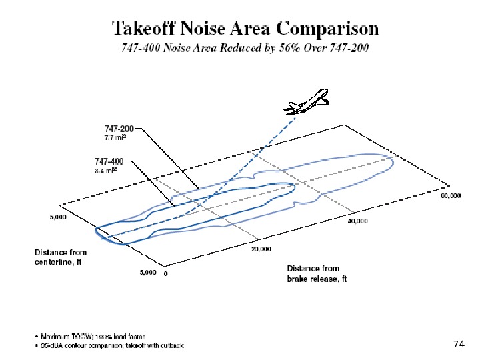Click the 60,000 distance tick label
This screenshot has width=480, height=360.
coord(451,196)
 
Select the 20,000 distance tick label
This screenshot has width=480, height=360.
coord(260,249)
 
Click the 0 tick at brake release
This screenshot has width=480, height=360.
coord(165,273)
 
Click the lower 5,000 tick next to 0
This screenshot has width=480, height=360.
coord(147,272)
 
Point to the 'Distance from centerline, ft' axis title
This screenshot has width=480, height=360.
coord(61,257)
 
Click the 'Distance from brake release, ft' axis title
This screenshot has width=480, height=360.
coord(312,274)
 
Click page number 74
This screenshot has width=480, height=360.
coord(458,344)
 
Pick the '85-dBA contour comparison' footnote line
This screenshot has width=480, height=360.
coord(110,345)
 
